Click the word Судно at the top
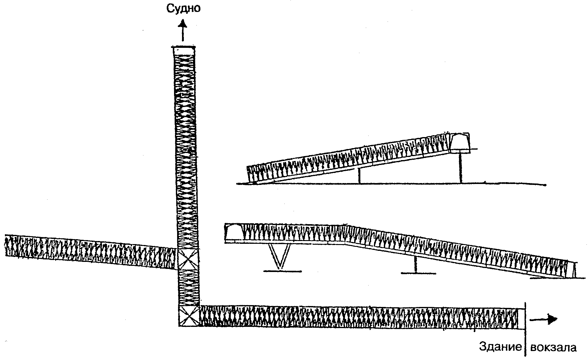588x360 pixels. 183,8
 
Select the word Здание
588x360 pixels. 500,347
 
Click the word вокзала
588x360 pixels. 553,347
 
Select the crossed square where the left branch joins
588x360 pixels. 188,259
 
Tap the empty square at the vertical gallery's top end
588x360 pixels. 184,51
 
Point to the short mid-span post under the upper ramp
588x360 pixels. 359,176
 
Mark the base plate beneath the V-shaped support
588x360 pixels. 282,271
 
